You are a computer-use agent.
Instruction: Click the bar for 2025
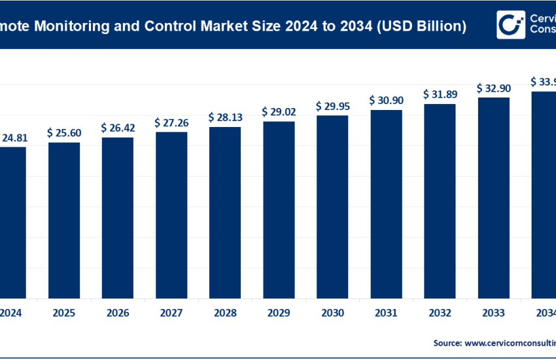(64, 219)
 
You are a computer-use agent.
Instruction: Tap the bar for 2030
(332, 206)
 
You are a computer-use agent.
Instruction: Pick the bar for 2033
(493, 196)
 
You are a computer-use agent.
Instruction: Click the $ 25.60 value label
(63, 133)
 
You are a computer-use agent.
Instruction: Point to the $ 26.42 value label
(118, 128)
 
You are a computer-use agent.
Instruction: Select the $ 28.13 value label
(225, 117)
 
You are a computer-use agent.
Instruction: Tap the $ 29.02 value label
(279, 112)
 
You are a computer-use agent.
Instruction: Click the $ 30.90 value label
(386, 100)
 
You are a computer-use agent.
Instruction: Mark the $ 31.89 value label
(440, 94)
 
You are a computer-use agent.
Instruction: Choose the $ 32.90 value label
(493, 88)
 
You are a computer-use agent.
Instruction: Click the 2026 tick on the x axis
(118, 312)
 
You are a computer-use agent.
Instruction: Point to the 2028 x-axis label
(225, 312)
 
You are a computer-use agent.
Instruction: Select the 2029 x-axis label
(279, 312)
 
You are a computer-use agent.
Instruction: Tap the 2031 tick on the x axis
(386, 312)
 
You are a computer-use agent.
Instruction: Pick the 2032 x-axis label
(440, 312)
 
